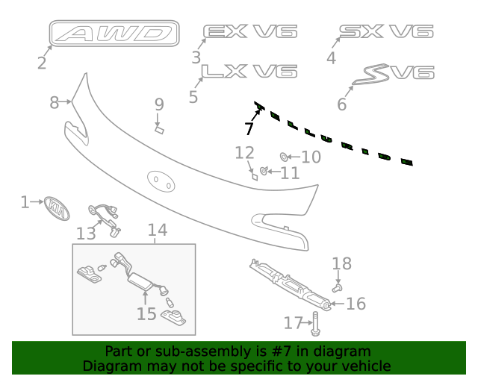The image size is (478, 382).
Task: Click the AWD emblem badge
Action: click(115, 34)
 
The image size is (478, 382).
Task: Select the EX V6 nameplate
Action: click(250, 31)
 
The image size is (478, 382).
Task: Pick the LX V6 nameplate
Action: click(250, 71)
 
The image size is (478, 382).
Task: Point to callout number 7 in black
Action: click(249, 128)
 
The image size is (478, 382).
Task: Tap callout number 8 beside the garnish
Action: click(54, 103)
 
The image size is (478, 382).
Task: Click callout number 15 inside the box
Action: click(146, 313)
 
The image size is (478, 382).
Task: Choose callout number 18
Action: click(341, 263)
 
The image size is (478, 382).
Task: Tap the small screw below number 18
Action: click(338, 286)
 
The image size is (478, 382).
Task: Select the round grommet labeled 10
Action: click(285, 157)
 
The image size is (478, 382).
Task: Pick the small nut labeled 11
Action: click(264, 173)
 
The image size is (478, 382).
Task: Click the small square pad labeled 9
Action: click(159, 129)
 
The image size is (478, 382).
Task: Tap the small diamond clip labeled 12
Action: click(254, 177)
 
